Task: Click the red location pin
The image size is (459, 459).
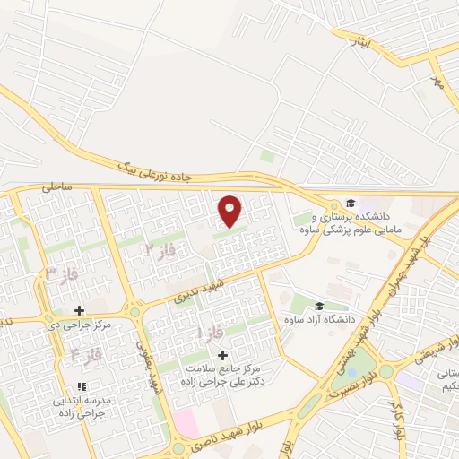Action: (x=230, y=212)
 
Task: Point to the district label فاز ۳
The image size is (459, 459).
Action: (x=63, y=275)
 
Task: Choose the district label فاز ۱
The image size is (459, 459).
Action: (x=212, y=334)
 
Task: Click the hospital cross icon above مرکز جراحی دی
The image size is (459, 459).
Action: (x=80, y=310)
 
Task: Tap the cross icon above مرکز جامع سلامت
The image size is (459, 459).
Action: (x=223, y=356)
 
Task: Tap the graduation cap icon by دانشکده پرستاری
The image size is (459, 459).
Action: (x=351, y=204)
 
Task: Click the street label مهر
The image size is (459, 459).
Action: (x=437, y=82)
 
